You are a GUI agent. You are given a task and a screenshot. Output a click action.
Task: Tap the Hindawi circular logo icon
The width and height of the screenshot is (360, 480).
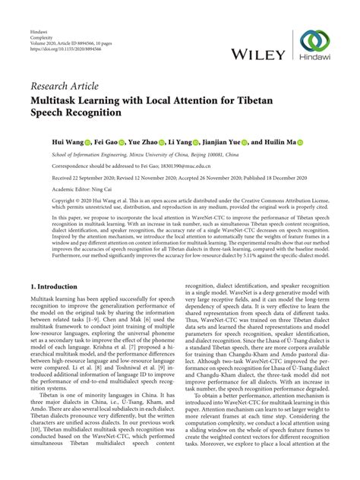point(314,39)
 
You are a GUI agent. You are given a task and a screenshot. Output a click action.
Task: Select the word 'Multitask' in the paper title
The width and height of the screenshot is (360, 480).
point(55,99)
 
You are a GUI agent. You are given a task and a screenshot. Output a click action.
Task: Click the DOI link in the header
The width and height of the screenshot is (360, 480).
point(57,36)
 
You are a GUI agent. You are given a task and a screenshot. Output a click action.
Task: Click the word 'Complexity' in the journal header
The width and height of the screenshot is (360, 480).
point(43,25)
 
